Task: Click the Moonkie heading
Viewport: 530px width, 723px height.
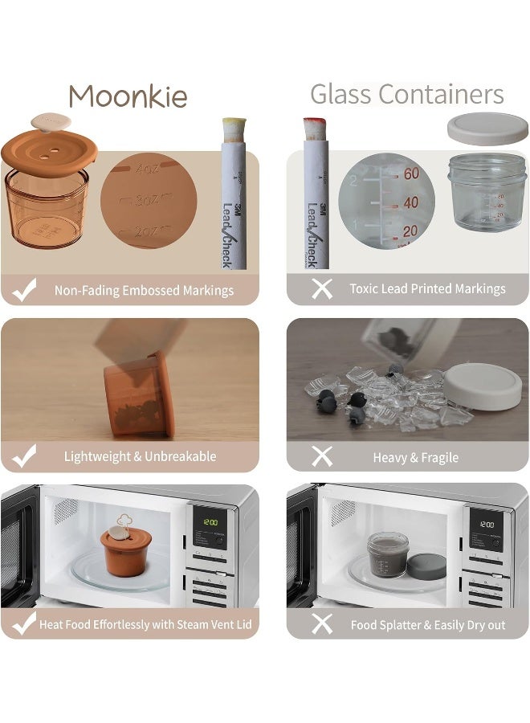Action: [128, 97]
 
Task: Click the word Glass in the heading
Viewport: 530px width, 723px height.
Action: [344, 94]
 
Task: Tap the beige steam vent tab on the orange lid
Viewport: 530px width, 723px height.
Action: [50, 122]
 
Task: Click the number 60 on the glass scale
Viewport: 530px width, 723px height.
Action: [411, 174]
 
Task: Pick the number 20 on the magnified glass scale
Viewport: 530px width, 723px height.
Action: [410, 231]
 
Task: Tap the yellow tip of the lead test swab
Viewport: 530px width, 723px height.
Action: [234, 126]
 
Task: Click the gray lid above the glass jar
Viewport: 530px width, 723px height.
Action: [486, 129]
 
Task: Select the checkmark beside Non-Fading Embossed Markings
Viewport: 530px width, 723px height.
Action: [24, 290]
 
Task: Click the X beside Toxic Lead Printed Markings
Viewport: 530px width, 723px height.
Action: [321, 289]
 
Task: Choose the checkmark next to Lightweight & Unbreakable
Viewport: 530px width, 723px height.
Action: [24, 456]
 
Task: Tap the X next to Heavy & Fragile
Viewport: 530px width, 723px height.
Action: [321, 457]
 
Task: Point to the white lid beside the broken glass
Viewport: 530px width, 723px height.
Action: [482, 386]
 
